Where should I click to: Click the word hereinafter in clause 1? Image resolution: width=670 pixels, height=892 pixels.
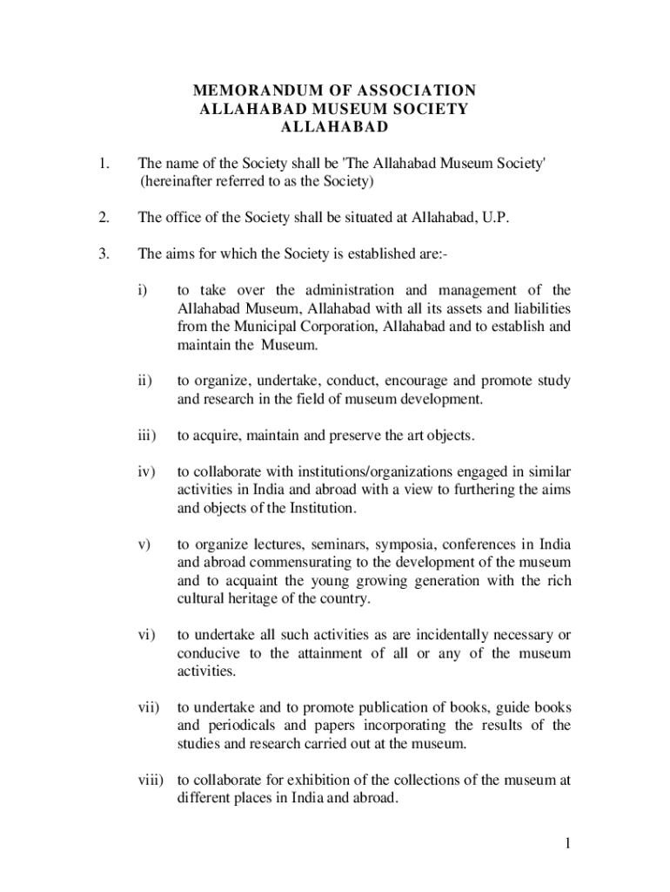[178, 181]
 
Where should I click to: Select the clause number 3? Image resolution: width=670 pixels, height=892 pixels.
[104, 254]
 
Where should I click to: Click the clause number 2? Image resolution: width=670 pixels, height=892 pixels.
[104, 218]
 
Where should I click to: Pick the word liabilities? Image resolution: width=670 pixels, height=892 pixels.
[536, 309]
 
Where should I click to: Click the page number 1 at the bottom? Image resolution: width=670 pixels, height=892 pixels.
[566, 843]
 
